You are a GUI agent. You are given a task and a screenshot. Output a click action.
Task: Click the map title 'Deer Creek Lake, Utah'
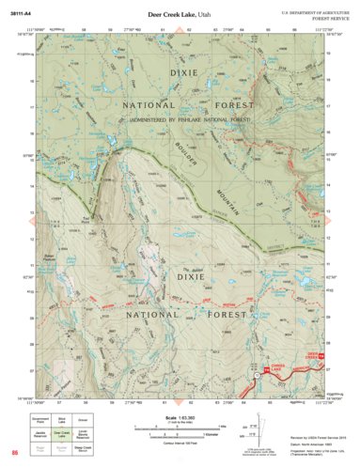(x=180, y=16)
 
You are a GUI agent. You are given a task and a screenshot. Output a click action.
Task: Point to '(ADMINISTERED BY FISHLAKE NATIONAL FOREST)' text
(x=180, y=119)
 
